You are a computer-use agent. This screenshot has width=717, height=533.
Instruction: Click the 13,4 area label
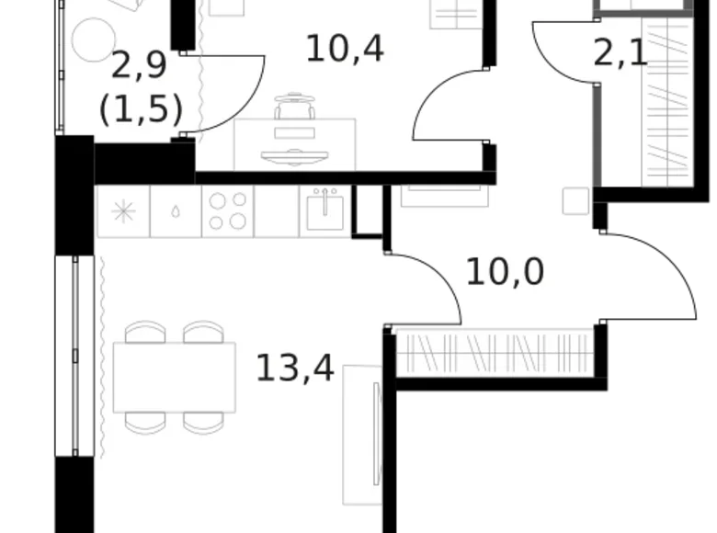point(294,369)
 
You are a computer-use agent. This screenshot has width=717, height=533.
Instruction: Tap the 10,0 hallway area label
point(505,272)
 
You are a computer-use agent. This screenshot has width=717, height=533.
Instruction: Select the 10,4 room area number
point(345,48)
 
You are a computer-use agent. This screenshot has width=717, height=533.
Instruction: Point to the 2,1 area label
point(620,53)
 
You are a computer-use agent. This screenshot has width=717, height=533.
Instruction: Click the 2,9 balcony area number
point(141,67)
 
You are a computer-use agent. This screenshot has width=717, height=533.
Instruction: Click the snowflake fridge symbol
point(122,211)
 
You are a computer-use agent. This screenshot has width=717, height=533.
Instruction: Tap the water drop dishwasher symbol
point(176,212)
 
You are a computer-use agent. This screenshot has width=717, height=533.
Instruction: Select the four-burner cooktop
point(228,211)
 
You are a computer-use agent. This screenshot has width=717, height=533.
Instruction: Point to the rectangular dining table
point(175,377)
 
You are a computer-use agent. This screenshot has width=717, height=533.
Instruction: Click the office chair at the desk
point(294,110)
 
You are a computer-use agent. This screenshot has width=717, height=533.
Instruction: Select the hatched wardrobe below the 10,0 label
point(494,353)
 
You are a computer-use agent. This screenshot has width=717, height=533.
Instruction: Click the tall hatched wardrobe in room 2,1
point(668,101)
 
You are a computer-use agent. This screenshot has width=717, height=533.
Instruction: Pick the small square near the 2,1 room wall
point(575,200)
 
